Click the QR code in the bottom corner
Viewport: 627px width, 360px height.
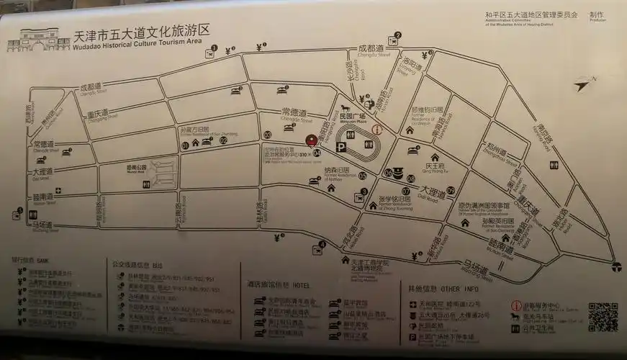click(603, 317)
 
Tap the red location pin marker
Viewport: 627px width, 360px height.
click(311, 140)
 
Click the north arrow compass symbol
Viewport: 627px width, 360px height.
click(585, 84)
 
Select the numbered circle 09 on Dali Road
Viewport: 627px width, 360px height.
click(451, 190)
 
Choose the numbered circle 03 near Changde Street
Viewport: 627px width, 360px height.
click(267, 135)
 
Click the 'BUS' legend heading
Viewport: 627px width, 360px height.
click(155, 264)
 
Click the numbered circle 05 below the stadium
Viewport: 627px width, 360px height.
click(362, 175)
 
